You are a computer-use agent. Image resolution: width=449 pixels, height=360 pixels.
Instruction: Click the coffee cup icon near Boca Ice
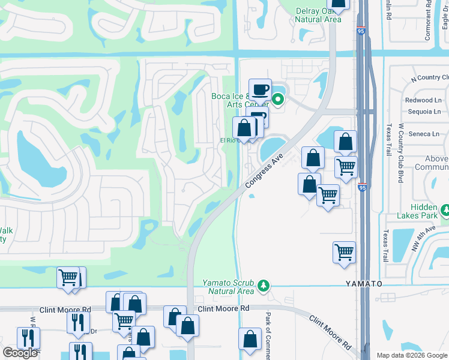pos(260,90)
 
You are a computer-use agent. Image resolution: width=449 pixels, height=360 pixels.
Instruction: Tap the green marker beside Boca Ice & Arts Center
pos(278,100)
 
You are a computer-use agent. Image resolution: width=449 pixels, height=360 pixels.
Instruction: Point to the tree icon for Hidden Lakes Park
pos(445,211)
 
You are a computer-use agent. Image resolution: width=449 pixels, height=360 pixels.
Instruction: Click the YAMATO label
pos(363,283)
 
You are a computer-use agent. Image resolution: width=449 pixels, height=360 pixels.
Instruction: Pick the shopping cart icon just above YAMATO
pos(344,251)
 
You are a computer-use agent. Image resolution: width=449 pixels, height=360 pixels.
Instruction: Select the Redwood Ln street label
pos(423,100)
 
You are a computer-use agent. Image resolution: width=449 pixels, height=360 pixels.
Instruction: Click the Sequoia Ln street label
pos(423,111)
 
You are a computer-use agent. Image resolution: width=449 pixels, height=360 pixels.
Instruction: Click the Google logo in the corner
pos(20,353)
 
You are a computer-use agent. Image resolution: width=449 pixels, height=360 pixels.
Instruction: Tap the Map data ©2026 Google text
pos(412,355)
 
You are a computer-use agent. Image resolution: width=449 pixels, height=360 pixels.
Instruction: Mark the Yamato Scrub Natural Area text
pos(228,287)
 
